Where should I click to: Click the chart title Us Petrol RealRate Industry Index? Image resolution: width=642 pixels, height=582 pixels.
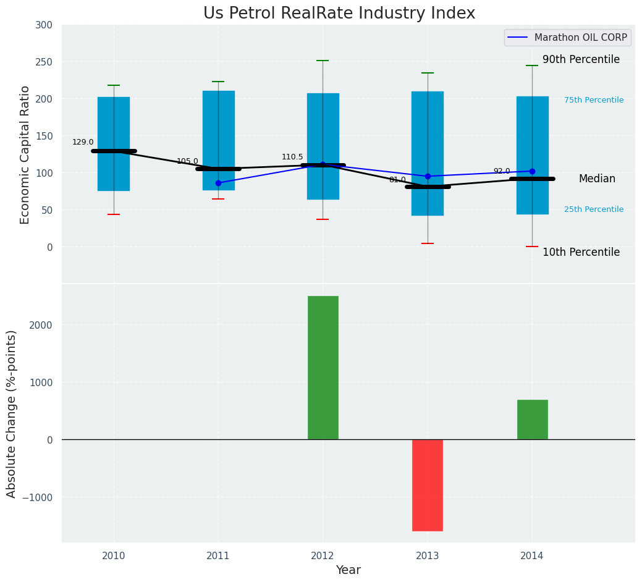tap(339, 14)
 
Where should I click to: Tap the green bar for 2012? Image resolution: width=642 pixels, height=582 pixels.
tap(323, 368)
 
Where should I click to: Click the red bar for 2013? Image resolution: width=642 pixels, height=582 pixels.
tap(428, 485)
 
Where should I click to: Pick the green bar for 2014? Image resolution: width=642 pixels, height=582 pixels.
tap(532, 420)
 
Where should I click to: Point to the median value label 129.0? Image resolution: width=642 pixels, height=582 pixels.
tap(83, 142)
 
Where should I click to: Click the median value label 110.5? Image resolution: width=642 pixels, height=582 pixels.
tap(292, 157)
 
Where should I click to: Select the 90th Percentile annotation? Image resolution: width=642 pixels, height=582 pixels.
tap(581, 59)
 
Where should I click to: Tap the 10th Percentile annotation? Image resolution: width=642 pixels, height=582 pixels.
tap(581, 252)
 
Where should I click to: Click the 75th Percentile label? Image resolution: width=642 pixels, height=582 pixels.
tap(594, 100)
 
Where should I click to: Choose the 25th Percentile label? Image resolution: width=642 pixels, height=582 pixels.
tap(594, 209)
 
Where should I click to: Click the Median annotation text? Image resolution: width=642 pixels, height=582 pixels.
tap(597, 179)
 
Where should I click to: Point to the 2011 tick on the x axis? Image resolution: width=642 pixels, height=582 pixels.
tap(218, 556)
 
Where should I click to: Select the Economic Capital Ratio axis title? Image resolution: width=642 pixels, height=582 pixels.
tap(25, 154)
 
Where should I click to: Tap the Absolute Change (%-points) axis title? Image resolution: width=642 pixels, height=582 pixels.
tap(12, 413)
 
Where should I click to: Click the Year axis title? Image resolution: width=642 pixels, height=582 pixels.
tap(348, 570)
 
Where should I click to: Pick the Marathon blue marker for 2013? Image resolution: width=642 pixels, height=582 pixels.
tap(428, 176)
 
